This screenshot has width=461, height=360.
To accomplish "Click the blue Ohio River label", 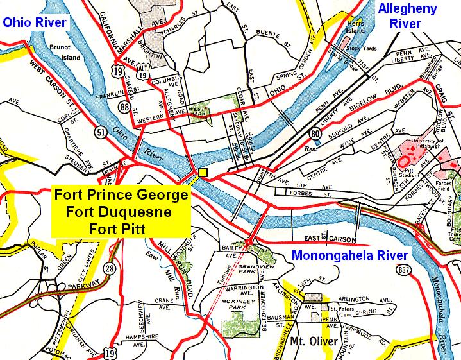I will (34, 23).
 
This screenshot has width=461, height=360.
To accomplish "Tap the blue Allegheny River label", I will (408, 17).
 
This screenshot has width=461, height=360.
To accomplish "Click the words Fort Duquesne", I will (121, 210).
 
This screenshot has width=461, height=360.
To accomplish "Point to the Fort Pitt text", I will (121, 227).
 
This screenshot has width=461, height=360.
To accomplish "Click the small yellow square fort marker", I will (203, 173).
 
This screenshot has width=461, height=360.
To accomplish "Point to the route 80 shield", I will (315, 133).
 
